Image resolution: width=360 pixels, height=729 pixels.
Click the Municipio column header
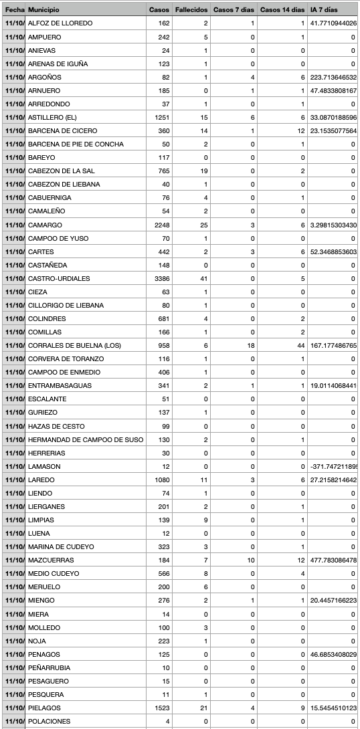pos(43,10)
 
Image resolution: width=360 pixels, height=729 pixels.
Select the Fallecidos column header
pos(191,10)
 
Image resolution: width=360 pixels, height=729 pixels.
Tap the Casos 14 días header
pos(282,10)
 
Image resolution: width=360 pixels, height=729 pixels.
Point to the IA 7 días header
pos(325,10)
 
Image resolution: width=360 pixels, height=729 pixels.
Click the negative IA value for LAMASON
pos(333,466)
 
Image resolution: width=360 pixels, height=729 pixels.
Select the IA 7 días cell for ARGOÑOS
pos(333,77)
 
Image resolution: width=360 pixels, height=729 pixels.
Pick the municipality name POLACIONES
pos(49,721)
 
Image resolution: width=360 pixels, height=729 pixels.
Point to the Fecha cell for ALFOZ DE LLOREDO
pos(14,23)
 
